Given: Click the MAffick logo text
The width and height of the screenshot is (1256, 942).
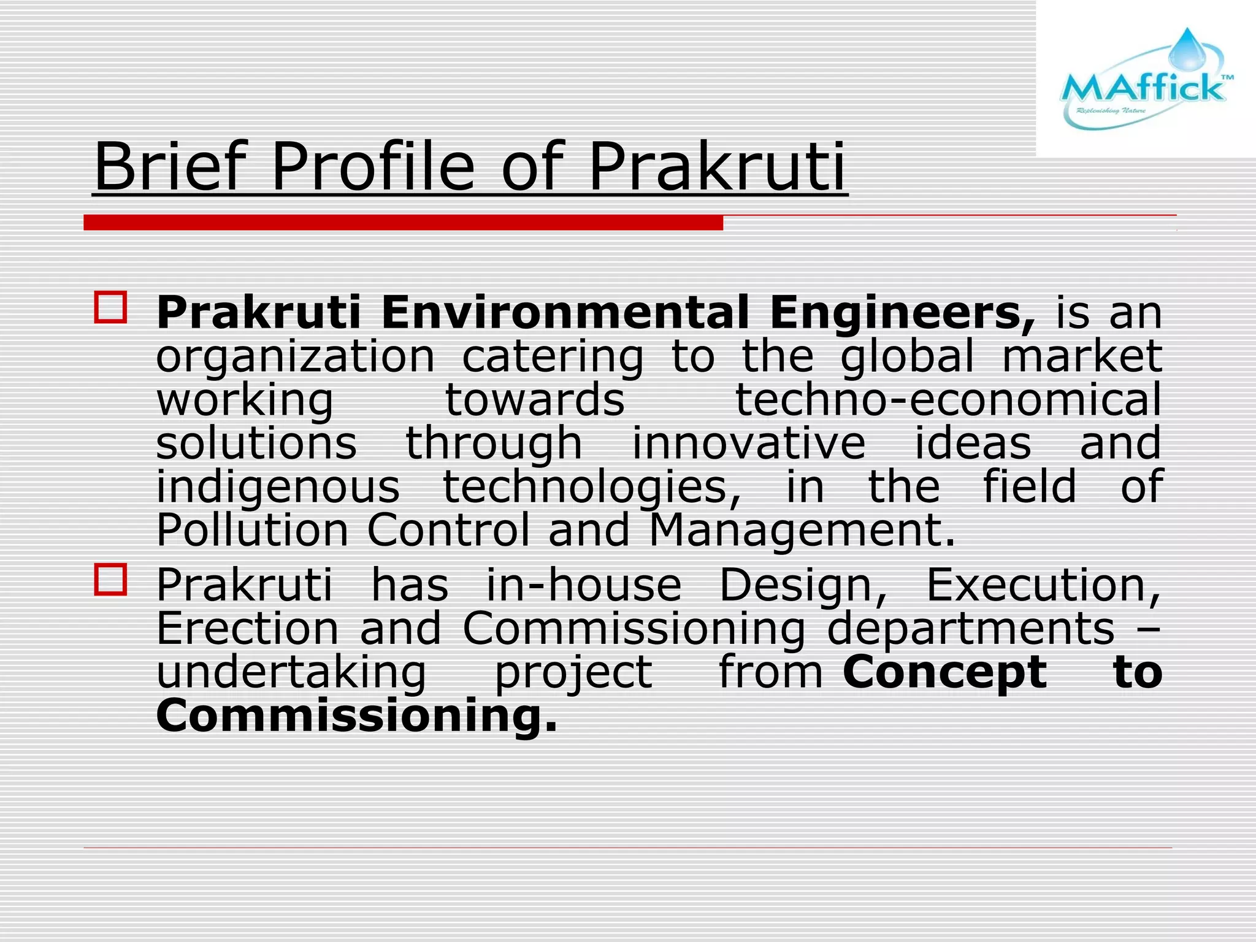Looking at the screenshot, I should click(x=1142, y=88).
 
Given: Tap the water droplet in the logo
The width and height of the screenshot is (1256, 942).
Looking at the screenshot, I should click(x=1187, y=49).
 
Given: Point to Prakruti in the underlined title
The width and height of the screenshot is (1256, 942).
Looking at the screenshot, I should click(x=717, y=167).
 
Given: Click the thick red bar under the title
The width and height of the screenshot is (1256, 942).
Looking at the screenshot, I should click(x=403, y=222).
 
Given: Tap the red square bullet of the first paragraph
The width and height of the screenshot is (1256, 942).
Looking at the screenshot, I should click(x=110, y=307).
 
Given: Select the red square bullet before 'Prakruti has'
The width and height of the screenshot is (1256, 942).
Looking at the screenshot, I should click(x=110, y=580).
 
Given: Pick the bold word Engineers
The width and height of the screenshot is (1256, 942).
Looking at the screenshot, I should click(x=902, y=313).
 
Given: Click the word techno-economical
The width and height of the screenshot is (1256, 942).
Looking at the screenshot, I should click(x=948, y=400).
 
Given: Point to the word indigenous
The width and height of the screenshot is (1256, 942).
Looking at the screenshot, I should click(x=278, y=488).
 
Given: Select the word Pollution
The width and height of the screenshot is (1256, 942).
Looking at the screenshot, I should click(x=252, y=530).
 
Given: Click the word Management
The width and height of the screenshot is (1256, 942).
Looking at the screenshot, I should click(x=802, y=530).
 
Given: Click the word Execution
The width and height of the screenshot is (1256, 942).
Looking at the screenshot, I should click(x=1043, y=585).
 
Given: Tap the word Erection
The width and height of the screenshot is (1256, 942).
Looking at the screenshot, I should click(x=247, y=629).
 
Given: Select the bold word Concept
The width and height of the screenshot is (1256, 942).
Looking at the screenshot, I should click(x=944, y=673).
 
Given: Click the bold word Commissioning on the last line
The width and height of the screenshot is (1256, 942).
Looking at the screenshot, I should click(x=356, y=716).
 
